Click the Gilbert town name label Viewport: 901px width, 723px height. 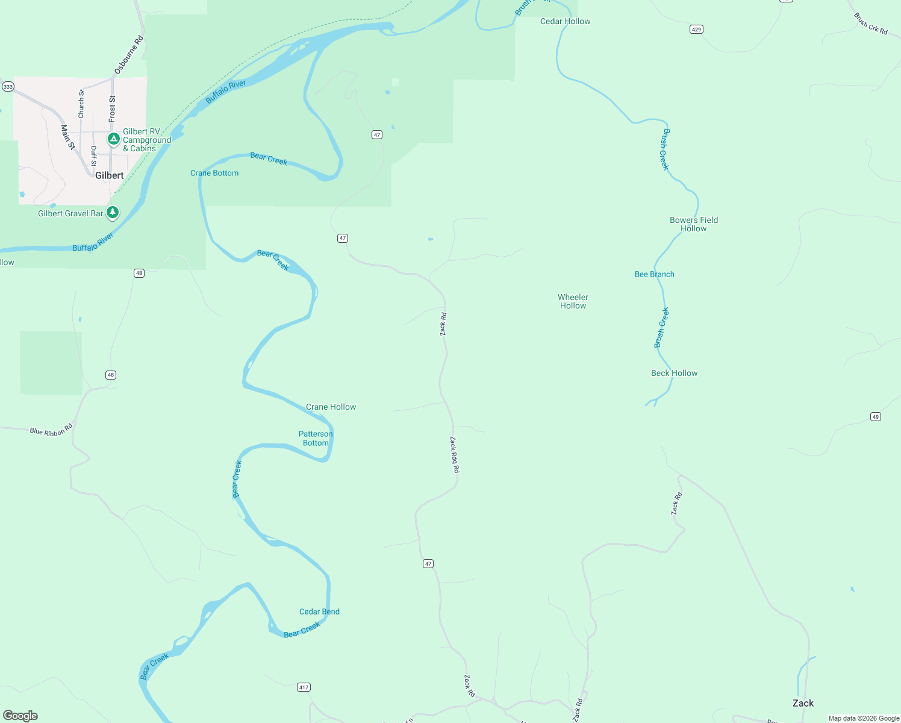[x=110, y=175]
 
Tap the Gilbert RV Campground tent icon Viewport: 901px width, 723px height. [x=113, y=139]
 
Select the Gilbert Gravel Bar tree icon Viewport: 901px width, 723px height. [x=113, y=212]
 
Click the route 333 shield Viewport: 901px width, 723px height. [x=8, y=87]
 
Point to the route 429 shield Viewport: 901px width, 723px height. [x=696, y=29]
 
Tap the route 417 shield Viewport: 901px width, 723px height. [x=304, y=687]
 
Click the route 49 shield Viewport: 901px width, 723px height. [x=876, y=416]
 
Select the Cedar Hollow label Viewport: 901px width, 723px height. [x=565, y=21]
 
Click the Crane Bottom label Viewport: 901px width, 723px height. [x=214, y=173]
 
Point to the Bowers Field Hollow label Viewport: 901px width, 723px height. [x=694, y=224]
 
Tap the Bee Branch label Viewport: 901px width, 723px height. [x=655, y=274]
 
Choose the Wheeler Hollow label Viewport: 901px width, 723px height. [x=573, y=301]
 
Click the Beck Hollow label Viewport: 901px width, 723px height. [x=674, y=373]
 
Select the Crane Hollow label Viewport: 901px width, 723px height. [x=331, y=407]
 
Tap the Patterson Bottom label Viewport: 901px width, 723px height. [x=316, y=438]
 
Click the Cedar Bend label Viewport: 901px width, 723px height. [x=319, y=612]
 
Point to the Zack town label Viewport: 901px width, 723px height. [x=803, y=703]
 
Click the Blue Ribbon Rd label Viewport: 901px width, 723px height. [x=51, y=431]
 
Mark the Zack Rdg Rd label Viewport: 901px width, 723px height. [x=455, y=454]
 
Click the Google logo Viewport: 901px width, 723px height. [x=20, y=716]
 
